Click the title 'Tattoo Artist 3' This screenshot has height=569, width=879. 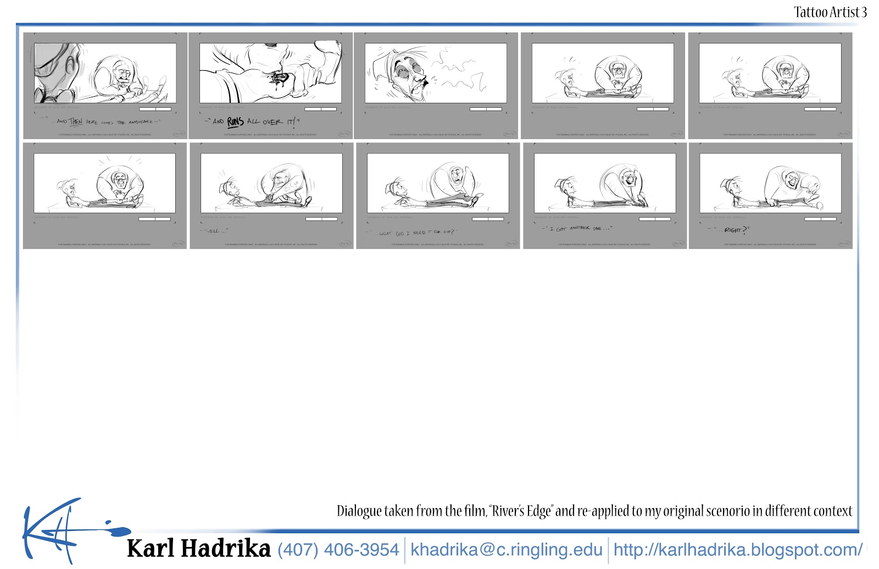[830, 12]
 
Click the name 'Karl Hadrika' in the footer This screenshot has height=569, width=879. [198, 549]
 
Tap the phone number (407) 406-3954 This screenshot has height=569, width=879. [338, 549]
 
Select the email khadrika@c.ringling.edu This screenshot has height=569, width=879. [506, 549]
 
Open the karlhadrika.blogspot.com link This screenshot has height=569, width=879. [737, 549]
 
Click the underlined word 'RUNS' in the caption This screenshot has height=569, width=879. [235, 121]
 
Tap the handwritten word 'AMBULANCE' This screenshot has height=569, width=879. [140, 121]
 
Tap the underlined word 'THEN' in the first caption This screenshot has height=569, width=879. [76, 121]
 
